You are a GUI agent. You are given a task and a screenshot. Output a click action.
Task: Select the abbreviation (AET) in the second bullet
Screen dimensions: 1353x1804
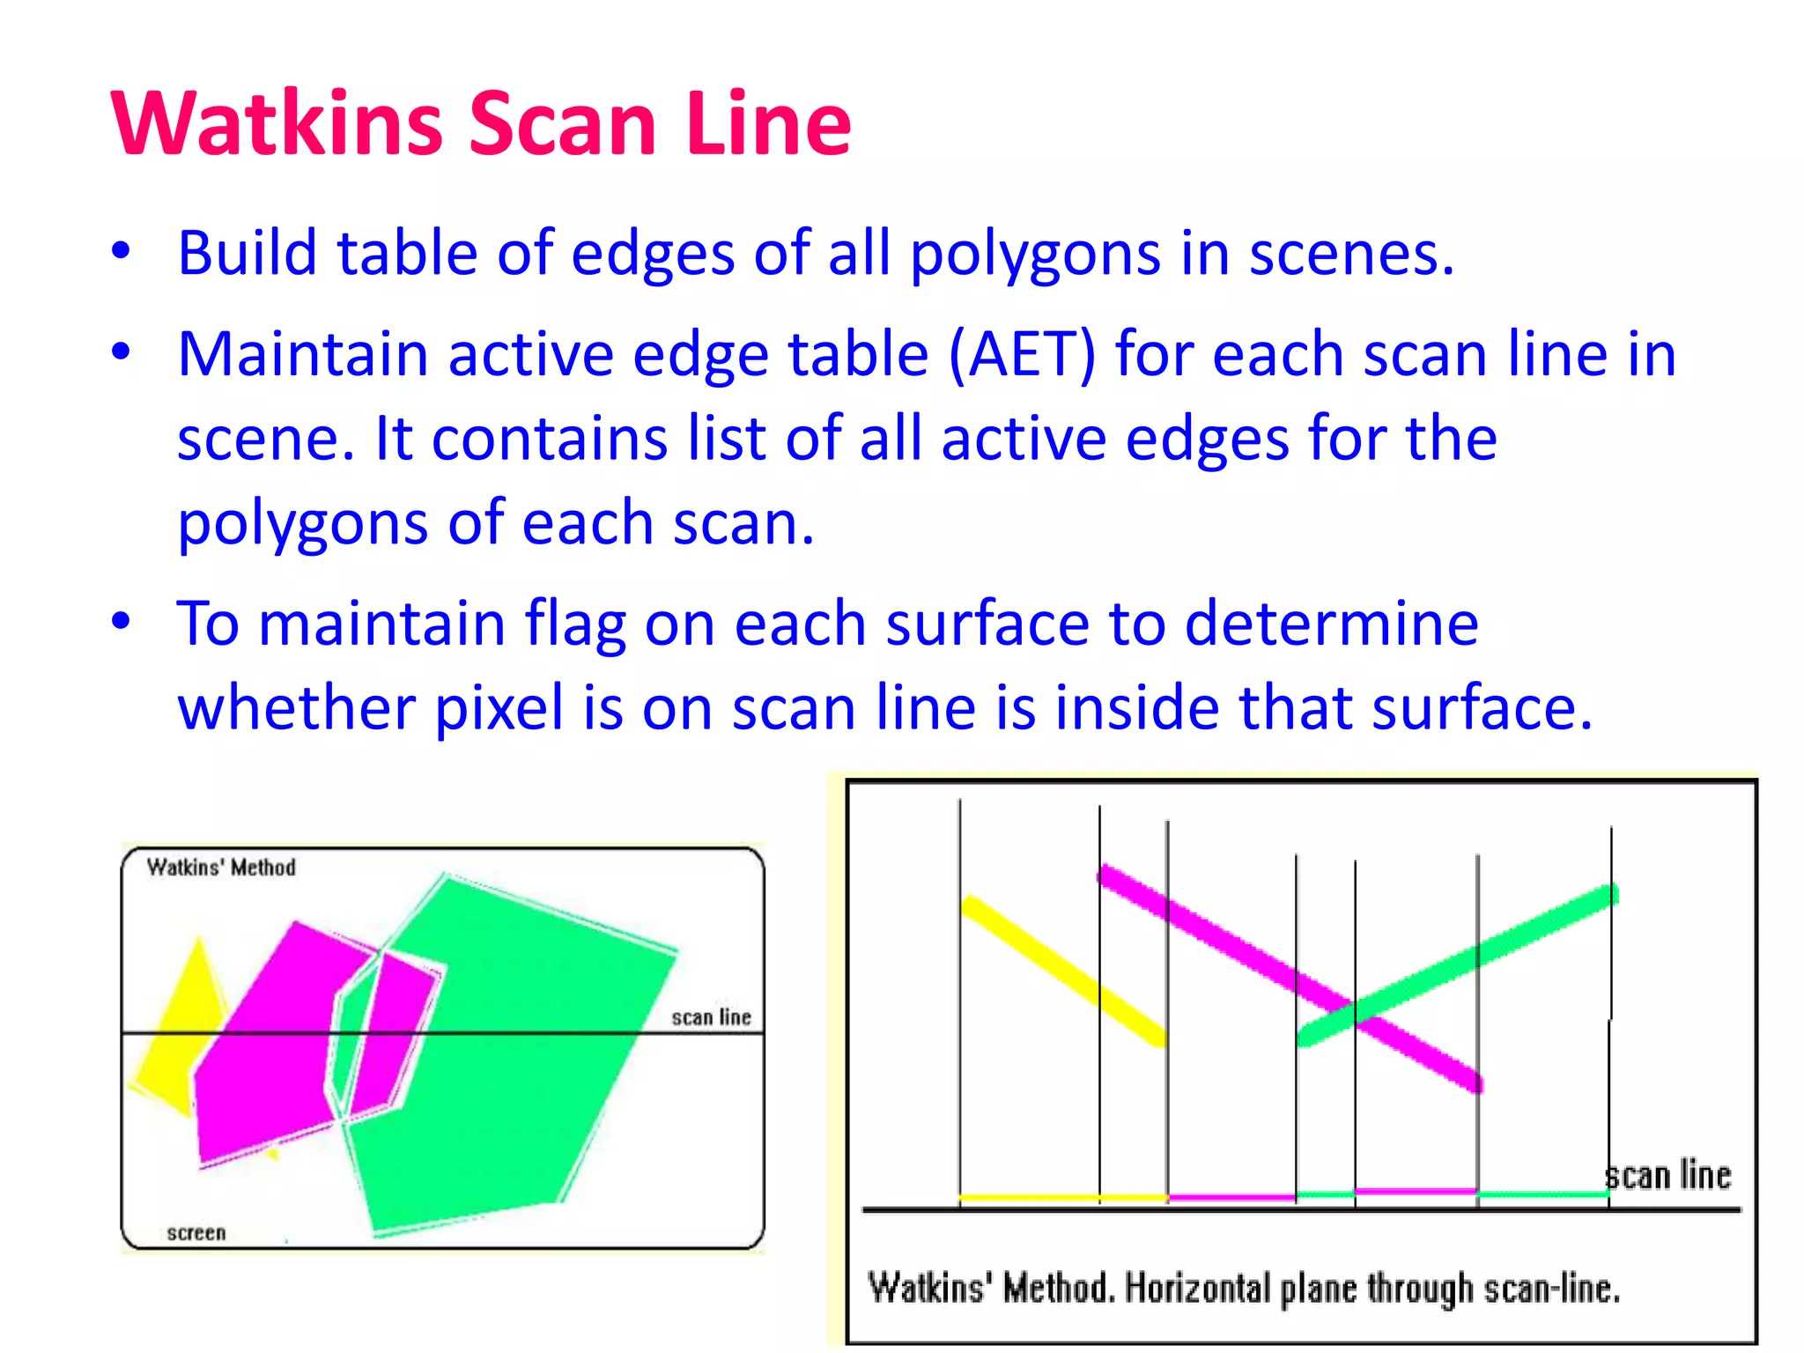pyautogui.click(x=1022, y=355)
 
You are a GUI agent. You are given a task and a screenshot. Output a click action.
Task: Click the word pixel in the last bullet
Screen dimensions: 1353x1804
pyautogui.click(x=499, y=707)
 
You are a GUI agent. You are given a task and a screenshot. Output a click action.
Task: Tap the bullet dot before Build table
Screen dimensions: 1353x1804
pyautogui.click(x=121, y=250)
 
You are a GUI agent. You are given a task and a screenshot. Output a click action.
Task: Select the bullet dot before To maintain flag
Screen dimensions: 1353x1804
pyautogui.click(x=121, y=620)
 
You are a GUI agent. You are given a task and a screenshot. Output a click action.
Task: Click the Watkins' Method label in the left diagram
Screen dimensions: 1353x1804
pyautogui.click(x=221, y=868)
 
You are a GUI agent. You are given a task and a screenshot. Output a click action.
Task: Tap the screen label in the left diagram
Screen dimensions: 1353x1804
pyautogui.click(x=196, y=1232)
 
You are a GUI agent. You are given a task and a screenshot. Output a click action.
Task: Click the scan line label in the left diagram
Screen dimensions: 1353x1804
pyautogui.click(x=711, y=1017)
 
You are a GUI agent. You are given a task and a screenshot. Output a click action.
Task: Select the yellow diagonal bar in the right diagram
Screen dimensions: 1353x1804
pyautogui.click(x=1064, y=972)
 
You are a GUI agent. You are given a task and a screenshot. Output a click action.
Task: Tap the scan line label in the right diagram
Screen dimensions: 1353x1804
pyautogui.click(x=1667, y=1176)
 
